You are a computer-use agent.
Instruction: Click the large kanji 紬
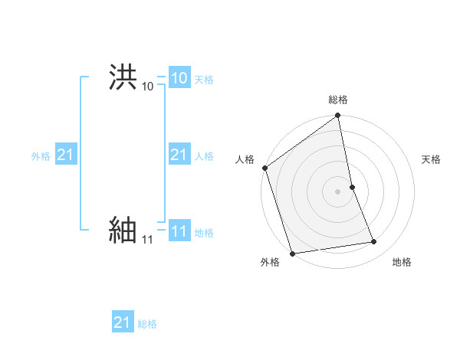click(x=123, y=230)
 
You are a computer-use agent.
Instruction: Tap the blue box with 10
click(x=179, y=78)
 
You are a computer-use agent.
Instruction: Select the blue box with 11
click(x=179, y=232)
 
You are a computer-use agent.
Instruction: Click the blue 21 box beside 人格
click(x=179, y=155)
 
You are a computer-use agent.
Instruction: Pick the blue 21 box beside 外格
click(x=65, y=155)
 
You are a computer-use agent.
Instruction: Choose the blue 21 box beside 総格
click(x=122, y=322)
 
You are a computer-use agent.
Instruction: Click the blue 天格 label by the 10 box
click(x=204, y=80)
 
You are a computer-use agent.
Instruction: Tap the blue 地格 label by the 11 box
click(x=204, y=233)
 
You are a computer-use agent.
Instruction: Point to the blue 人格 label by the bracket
click(x=204, y=156)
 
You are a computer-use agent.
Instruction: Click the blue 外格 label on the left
click(x=41, y=156)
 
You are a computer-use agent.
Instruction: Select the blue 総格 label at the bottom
click(x=147, y=324)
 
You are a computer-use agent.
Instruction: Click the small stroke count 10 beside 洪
click(x=147, y=87)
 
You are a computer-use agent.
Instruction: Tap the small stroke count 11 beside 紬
click(x=147, y=240)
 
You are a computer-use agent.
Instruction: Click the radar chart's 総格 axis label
click(x=338, y=100)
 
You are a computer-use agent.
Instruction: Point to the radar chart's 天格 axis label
click(x=431, y=159)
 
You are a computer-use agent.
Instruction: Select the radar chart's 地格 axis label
click(x=402, y=262)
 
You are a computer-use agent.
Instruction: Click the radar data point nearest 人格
click(x=265, y=168)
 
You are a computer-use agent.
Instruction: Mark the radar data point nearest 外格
click(x=292, y=253)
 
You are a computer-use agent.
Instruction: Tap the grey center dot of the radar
click(x=337, y=191)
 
